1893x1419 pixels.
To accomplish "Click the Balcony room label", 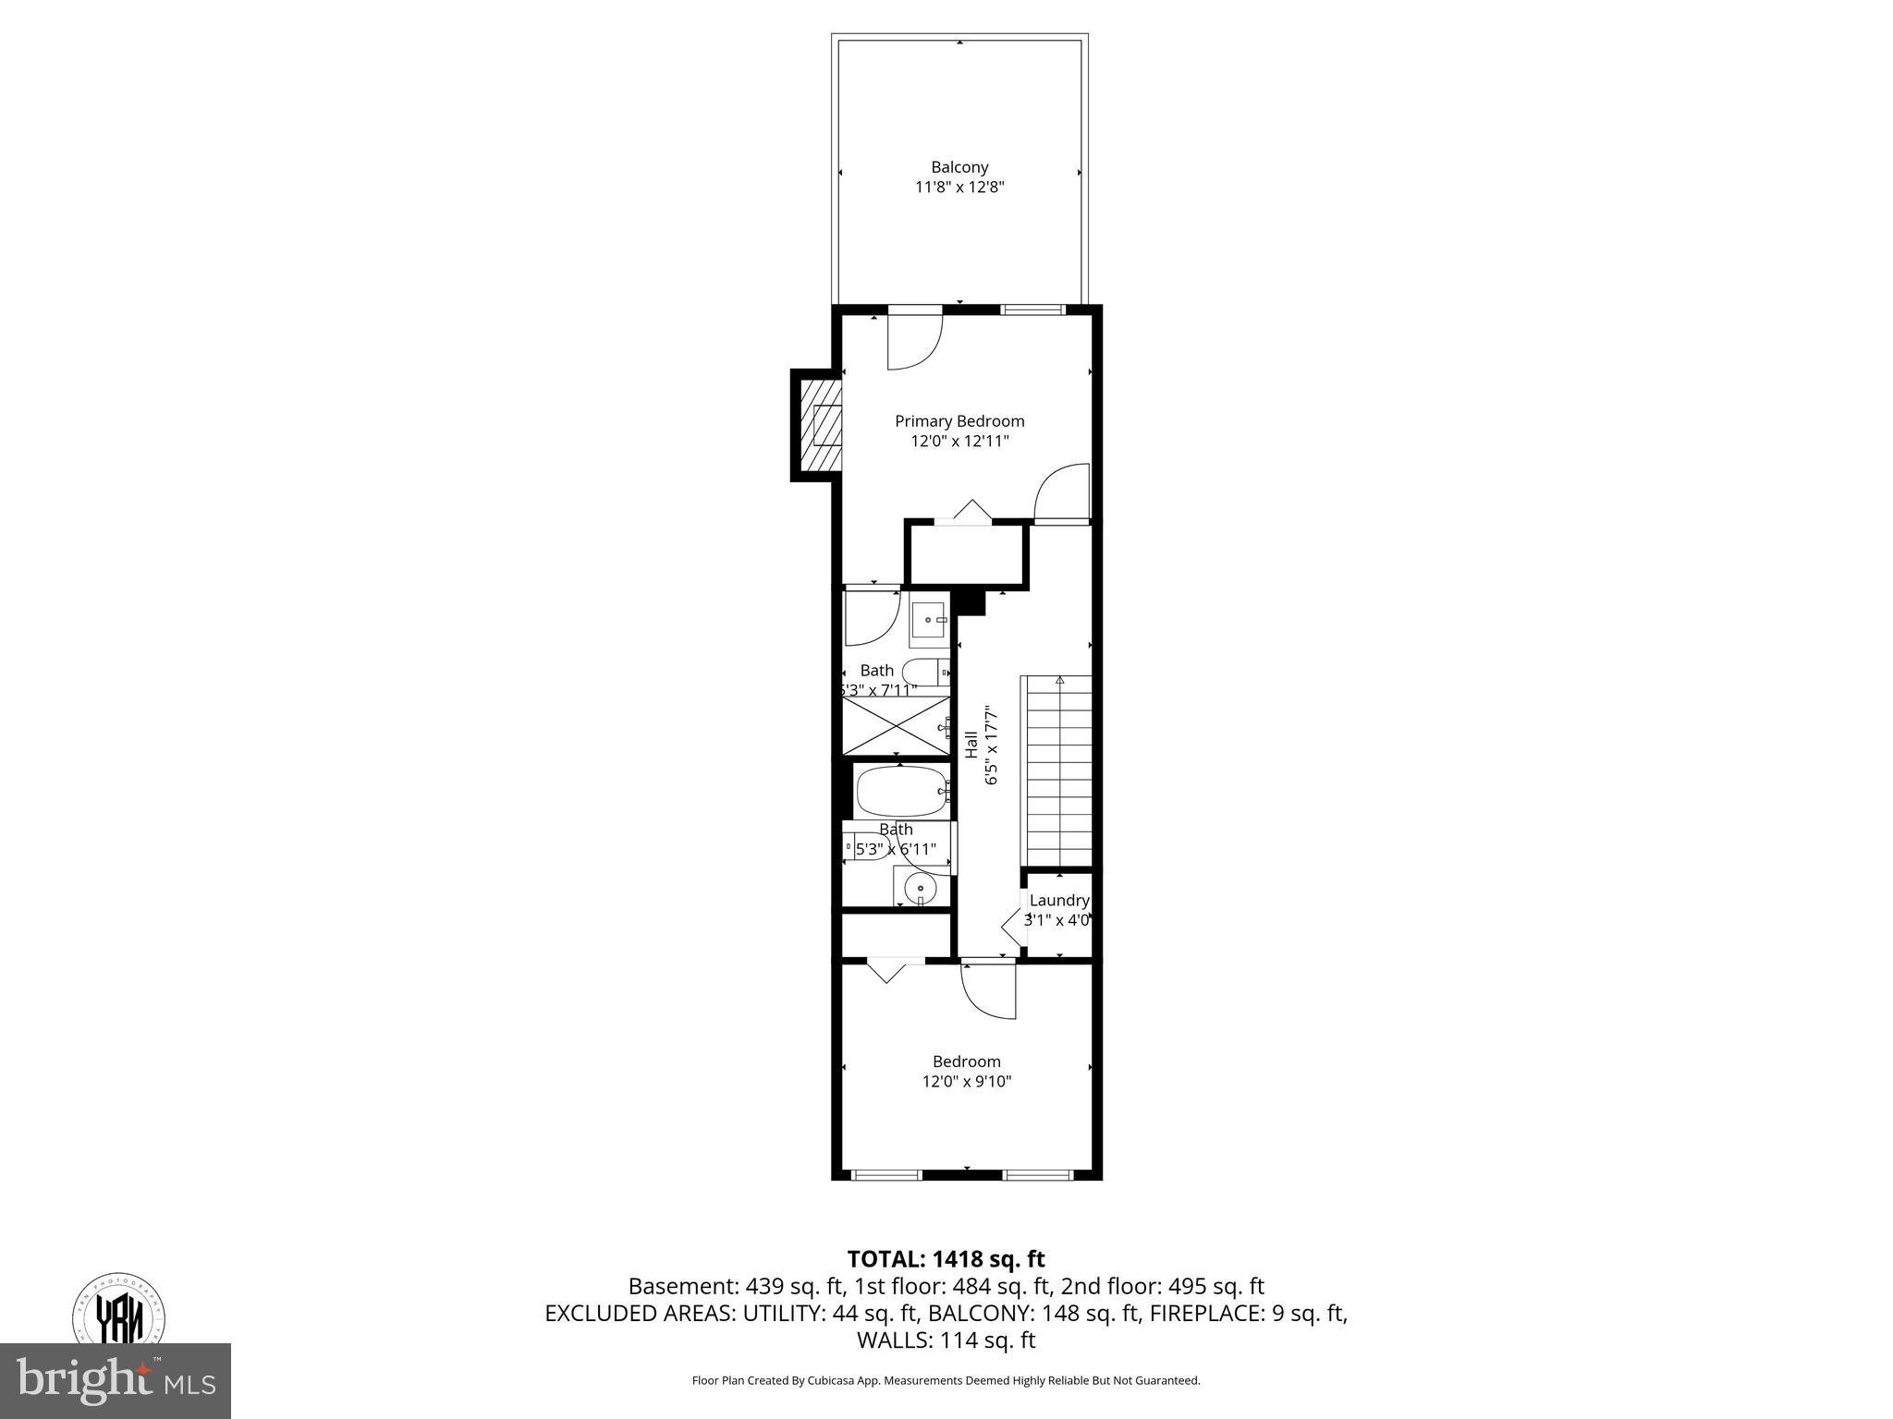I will [x=959, y=167].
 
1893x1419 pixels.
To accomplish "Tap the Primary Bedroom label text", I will [x=959, y=421].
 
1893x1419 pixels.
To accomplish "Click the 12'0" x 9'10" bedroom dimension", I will [x=967, y=1081].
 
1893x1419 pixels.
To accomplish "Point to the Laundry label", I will [x=1059, y=900].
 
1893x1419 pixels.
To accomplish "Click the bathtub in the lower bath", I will [x=901, y=790].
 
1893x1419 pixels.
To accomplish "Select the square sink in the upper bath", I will [x=928, y=620].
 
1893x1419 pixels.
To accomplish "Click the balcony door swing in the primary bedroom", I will [x=912, y=342].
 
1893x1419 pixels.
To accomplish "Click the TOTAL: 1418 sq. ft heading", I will [x=946, y=1258].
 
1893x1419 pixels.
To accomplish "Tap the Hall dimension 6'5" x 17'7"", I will [x=991, y=746].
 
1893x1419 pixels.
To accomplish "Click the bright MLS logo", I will [x=116, y=1381].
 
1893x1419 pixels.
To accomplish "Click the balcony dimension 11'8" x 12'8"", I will [x=959, y=188].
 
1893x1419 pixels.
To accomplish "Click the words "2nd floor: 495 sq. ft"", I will [x=1162, y=1286].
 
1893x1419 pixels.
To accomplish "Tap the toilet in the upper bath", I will [x=924, y=672].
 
